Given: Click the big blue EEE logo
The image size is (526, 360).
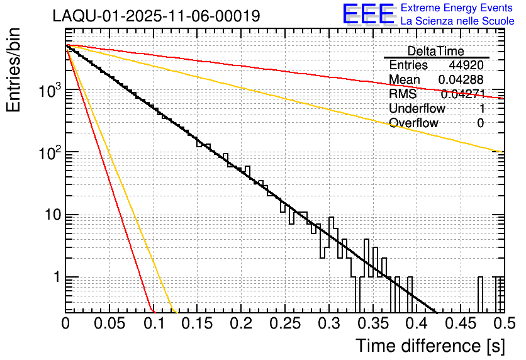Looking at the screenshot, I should [x=368, y=15].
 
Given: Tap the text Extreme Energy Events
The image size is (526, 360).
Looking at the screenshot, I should [x=457, y=8].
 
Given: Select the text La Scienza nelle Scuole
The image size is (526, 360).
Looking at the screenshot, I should [x=457, y=21].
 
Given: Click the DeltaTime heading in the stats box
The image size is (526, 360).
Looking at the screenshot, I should [x=436, y=51].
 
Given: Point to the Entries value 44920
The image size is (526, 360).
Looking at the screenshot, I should [x=466, y=65].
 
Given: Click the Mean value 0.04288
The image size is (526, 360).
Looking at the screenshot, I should [x=461, y=80].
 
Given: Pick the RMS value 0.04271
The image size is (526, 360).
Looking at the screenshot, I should [x=462, y=94].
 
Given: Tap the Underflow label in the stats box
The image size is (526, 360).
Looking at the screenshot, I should [x=417, y=109].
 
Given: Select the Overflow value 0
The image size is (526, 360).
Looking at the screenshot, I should [x=480, y=123].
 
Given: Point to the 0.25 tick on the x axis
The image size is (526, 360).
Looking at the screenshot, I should [x=284, y=323].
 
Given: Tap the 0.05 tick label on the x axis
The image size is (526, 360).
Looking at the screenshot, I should [x=109, y=323].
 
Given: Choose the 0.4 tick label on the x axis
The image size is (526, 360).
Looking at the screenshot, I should [x=415, y=323].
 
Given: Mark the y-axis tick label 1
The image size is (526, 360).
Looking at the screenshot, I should [x=55, y=278].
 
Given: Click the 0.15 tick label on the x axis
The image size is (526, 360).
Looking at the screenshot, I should [x=197, y=323].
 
